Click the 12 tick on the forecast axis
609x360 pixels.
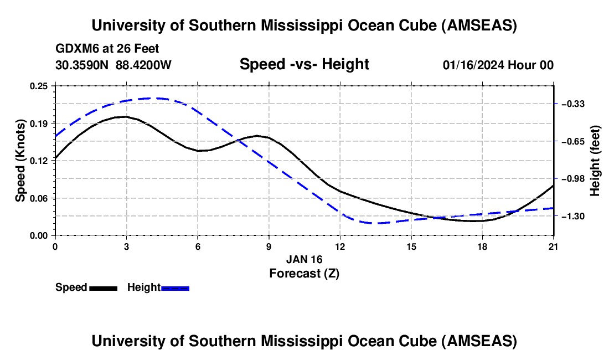[340, 245]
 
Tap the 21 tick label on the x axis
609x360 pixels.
[554, 245]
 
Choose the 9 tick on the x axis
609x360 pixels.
[269, 245]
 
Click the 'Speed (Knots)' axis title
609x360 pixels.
[20, 161]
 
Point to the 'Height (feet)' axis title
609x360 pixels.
[595, 161]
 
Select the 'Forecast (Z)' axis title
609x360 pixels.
[304, 273]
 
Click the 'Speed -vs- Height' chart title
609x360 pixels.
[304, 65]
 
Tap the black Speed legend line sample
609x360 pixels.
[103, 288]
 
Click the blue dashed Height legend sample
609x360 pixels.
[175, 288]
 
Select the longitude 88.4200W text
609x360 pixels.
[143, 65]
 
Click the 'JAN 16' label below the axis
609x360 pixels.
[304, 259]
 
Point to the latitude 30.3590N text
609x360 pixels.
[82, 65]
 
